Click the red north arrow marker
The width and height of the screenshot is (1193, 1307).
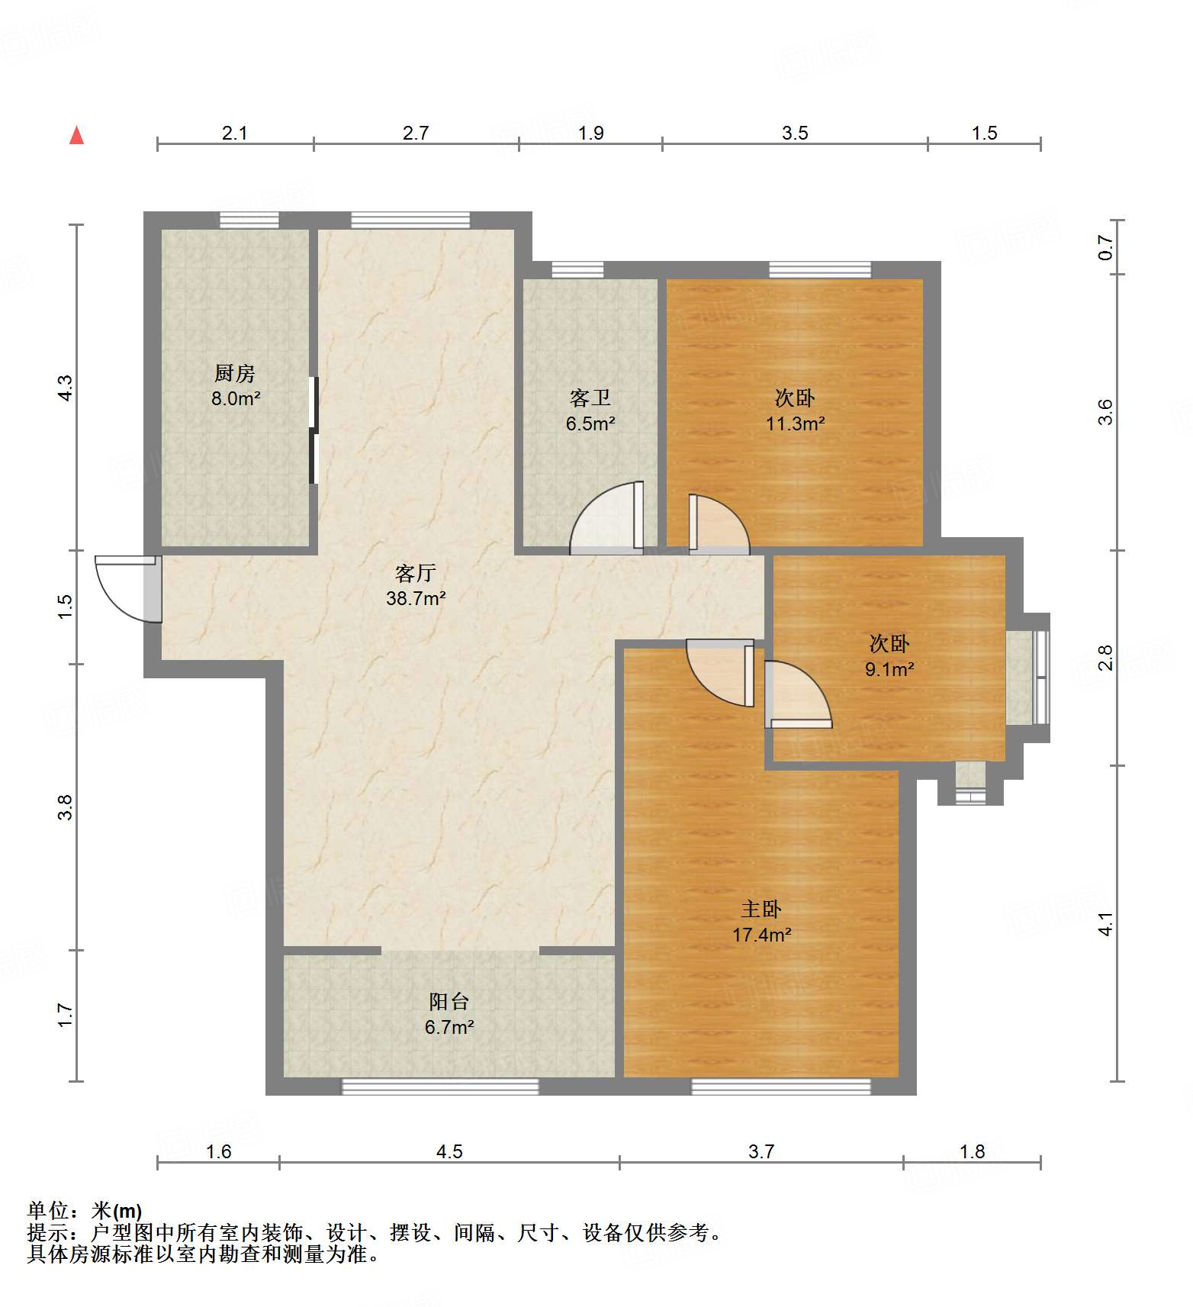point(76,135)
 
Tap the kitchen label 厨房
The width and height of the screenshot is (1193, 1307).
point(234,373)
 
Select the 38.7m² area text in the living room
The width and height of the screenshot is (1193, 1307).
point(416,598)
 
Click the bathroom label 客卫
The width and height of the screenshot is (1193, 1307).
point(590,398)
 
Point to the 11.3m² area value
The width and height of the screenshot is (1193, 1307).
point(795,423)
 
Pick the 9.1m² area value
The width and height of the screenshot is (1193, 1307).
point(889,669)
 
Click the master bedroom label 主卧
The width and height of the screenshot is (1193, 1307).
point(760,909)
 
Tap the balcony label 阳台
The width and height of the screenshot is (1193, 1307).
point(449,1001)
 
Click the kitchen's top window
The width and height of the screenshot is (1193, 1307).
point(249,220)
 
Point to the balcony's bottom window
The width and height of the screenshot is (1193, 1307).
point(439,1086)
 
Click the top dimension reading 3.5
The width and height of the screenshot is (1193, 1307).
point(794,133)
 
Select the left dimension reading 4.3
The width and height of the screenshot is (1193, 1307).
point(66,388)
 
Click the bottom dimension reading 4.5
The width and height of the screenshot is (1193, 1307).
point(449,1151)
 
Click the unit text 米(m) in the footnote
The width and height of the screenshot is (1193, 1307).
point(117,1210)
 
